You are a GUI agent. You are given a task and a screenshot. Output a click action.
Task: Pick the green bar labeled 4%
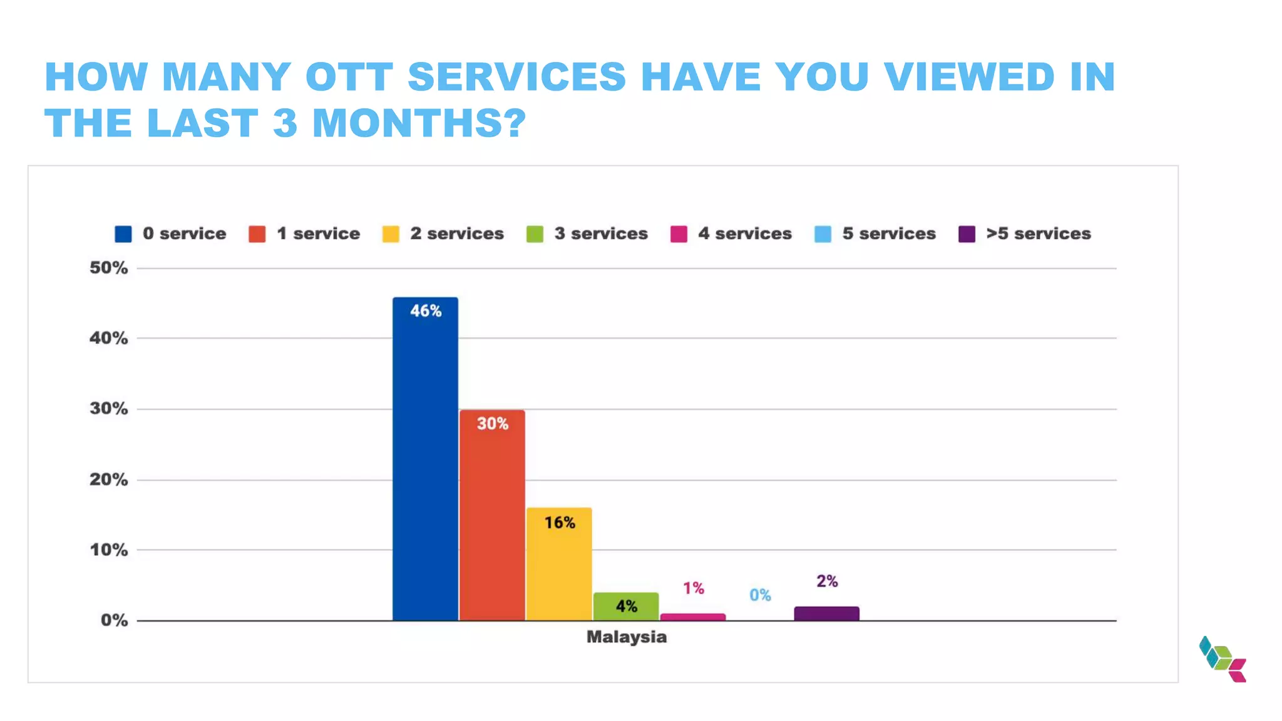click(x=626, y=606)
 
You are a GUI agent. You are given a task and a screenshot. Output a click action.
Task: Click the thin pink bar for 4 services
click(x=693, y=617)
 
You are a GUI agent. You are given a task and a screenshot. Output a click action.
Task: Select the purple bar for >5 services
click(x=826, y=613)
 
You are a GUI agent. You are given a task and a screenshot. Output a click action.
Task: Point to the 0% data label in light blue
click(x=760, y=595)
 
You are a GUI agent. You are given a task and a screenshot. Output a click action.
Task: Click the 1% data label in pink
click(x=693, y=588)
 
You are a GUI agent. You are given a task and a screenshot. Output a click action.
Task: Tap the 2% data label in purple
click(x=827, y=581)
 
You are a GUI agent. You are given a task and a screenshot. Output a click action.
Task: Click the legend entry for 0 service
click(x=170, y=234)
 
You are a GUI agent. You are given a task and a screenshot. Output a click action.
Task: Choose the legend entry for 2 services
click(x=443, y=234)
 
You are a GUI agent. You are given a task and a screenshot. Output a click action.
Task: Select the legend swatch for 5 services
click(x=823, y=234)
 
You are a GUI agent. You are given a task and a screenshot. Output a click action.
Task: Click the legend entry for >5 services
click(x=1025, y=234)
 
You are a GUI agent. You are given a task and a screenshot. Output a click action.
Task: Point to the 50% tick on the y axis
click(x=108, y=268)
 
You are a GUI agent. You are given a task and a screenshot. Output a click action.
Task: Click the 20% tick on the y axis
click(x=108, y=480)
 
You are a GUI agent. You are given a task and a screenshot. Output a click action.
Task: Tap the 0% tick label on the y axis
click(x=114, y=621)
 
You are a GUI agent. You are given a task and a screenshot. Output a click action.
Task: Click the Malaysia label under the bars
click(x=626, y=637)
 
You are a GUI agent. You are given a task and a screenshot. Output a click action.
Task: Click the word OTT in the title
click(x=349, y=77)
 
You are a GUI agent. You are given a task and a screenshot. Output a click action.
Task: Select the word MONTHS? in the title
click(x=419, y=123)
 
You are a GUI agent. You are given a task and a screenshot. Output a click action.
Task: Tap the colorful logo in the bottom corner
click(x=1223, y=659)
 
